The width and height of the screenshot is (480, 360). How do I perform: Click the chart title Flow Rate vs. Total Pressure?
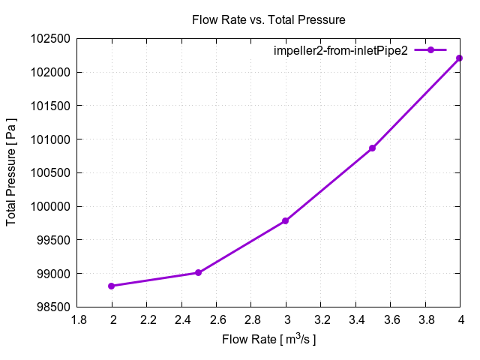click(268, 20)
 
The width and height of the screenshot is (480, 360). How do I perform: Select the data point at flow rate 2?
click(112, 286)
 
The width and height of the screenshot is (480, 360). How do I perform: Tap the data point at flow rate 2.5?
click(198, 273)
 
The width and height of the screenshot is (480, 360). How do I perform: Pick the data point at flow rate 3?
click(286, 221)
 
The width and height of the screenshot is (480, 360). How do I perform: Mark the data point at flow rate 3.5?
click(372, 148)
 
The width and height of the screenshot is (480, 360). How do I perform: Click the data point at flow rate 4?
click(459, 58)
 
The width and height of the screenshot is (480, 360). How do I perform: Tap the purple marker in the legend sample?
click(431, 50)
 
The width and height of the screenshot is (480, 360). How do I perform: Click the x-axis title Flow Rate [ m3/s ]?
click(268, 340)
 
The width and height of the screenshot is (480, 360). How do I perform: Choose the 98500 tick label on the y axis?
click(53, 307)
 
